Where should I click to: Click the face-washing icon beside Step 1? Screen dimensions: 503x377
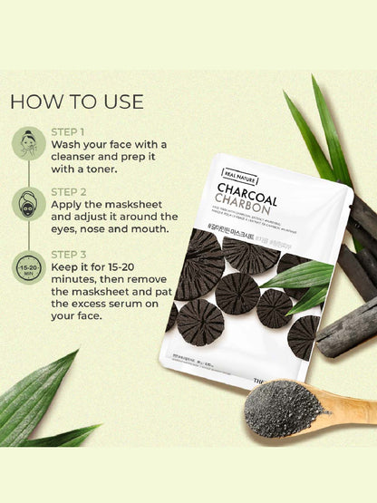click(31, 143)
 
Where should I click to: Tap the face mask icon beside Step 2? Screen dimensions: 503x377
click(31, 203)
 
